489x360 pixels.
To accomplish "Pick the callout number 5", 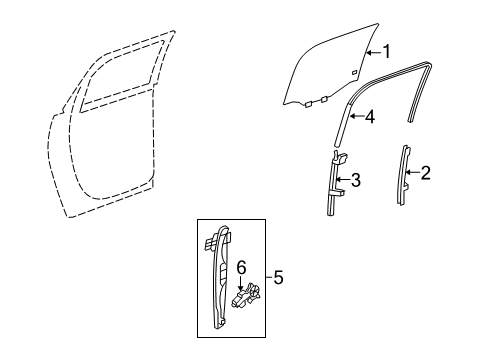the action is pos(279,277).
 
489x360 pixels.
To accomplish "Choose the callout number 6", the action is pos(240,268).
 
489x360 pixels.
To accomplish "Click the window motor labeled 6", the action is pos(247,298).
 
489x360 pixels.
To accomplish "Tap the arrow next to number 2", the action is pos(414,175).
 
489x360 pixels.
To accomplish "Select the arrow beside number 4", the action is pos(357,116).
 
